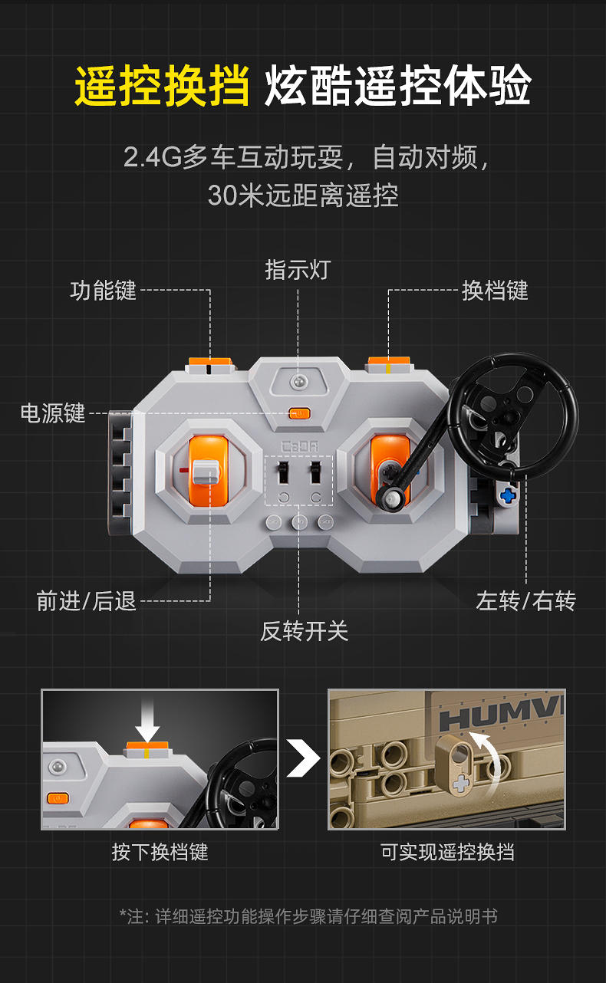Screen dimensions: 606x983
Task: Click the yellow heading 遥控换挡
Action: point(162,86)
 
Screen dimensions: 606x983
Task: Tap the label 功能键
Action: point(104,291)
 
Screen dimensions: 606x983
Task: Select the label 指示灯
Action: point(298,269)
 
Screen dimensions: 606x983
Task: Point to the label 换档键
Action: point(495,291)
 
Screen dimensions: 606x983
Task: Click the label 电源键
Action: point(53,413)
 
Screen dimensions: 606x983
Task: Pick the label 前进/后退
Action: point(87,601)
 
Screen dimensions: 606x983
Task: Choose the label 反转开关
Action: point(304,632)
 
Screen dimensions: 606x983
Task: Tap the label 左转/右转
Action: point(525,601)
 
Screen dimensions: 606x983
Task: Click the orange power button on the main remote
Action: point(299,413)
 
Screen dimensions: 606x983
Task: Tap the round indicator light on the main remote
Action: point(298,381)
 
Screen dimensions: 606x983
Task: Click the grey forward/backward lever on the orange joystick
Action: point(206,472)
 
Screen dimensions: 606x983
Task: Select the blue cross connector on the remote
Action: point(508,496)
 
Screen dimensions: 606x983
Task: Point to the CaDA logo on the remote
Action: point(299,447)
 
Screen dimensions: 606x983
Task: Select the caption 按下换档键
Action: point(160,853)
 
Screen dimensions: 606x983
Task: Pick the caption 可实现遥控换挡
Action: point(447,853)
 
